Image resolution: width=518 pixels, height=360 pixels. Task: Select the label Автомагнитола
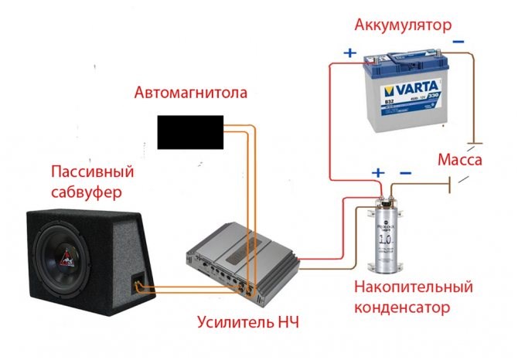[x=191, y=93]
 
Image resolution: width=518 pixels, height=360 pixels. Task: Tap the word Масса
[x=460, y=160]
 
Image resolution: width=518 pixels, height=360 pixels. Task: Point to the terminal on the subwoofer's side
[x=138, y=284]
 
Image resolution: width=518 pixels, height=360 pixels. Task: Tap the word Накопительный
[x=412, y=287]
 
